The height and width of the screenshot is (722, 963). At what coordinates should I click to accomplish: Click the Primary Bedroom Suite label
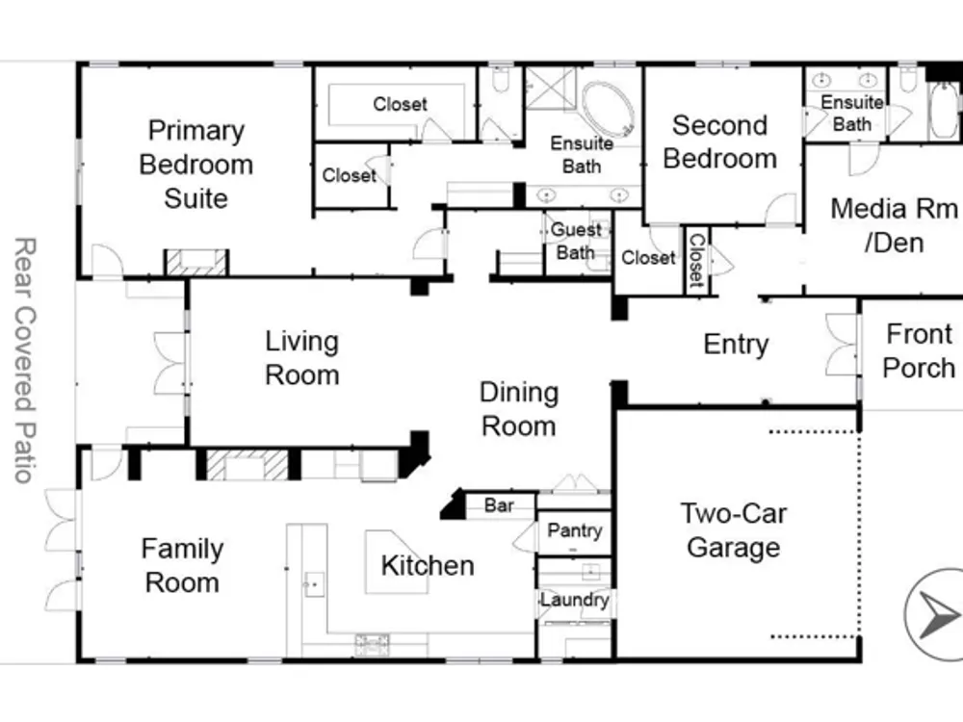195,165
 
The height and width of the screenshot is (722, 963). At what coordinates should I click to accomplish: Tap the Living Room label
301,358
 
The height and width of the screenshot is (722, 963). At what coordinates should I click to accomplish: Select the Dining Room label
519,409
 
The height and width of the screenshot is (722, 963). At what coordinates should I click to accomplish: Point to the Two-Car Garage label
733,530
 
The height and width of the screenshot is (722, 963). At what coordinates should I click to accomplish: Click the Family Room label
182,565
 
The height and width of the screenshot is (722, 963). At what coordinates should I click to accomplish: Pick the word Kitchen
428,565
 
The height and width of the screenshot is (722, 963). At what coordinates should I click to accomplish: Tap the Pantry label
574,530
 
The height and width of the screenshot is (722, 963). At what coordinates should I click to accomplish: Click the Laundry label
575,600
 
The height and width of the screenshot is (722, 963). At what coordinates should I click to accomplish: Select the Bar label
499,505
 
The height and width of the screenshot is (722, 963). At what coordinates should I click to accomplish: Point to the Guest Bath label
576,241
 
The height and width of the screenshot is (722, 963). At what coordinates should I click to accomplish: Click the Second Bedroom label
719,142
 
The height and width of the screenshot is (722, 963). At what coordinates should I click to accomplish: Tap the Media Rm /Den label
894,225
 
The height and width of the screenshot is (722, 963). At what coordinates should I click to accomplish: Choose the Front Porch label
919,351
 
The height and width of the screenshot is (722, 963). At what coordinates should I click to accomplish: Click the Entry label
736,345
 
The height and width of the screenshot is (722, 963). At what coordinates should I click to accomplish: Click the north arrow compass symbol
934,614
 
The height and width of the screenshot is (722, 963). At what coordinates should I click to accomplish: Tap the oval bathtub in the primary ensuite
608,110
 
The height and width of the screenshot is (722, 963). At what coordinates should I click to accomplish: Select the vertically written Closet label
697,260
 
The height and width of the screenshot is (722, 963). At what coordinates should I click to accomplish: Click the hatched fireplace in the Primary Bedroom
196,262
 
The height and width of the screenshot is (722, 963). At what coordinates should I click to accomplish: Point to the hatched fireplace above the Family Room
247,465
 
